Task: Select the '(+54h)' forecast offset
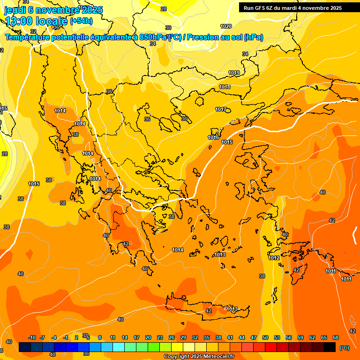tap(81, 21)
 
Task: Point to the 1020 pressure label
tap(226, 26)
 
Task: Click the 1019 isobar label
tap(234, 73)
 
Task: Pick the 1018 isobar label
tap(225, 87)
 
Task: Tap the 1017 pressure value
tap(221, 109)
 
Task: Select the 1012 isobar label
tap(274, 258)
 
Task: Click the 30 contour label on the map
tap(168, 28)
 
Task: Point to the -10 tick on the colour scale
tap(32, 337)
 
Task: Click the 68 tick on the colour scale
tap(336, 337)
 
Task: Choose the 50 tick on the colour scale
tap(265, 337)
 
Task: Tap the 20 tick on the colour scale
tap(148, 337)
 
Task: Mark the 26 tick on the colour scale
tap(172, 337)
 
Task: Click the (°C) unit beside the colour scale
tap(345, 348)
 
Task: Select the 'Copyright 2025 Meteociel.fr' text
tap(199, 357)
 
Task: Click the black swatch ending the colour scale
tap(330, 347)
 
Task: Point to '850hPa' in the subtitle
tap(153, 37)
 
